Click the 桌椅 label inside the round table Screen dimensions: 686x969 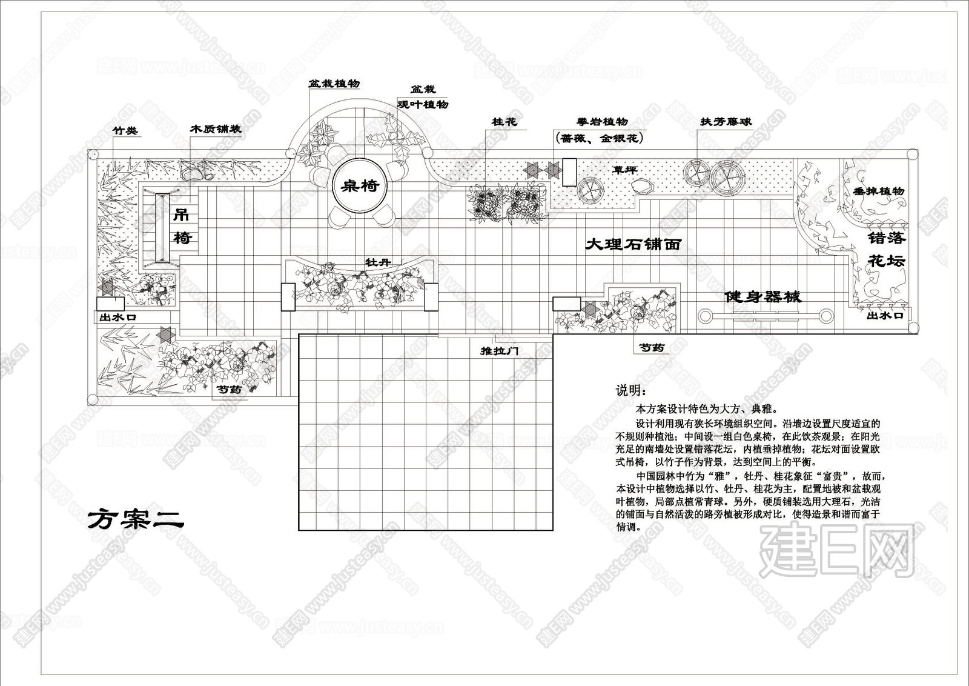(361, 185)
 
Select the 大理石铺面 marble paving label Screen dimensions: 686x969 (633, 245)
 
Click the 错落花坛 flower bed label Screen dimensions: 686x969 (887, 249)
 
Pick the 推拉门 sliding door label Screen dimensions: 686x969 (499, 351)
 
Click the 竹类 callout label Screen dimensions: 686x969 (126, 130)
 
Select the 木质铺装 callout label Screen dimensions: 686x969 (216, 129)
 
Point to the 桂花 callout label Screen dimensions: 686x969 (504, 122)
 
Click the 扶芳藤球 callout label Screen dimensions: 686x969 (726, 122)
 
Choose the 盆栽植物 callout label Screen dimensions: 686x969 (334, 84)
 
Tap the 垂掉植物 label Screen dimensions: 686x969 (878, 191)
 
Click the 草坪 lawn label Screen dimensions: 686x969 (625, 170)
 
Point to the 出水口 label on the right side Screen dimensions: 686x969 (885, 316)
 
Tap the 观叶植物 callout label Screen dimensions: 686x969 (423, 104)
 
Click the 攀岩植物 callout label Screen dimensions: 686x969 (602, 122)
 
